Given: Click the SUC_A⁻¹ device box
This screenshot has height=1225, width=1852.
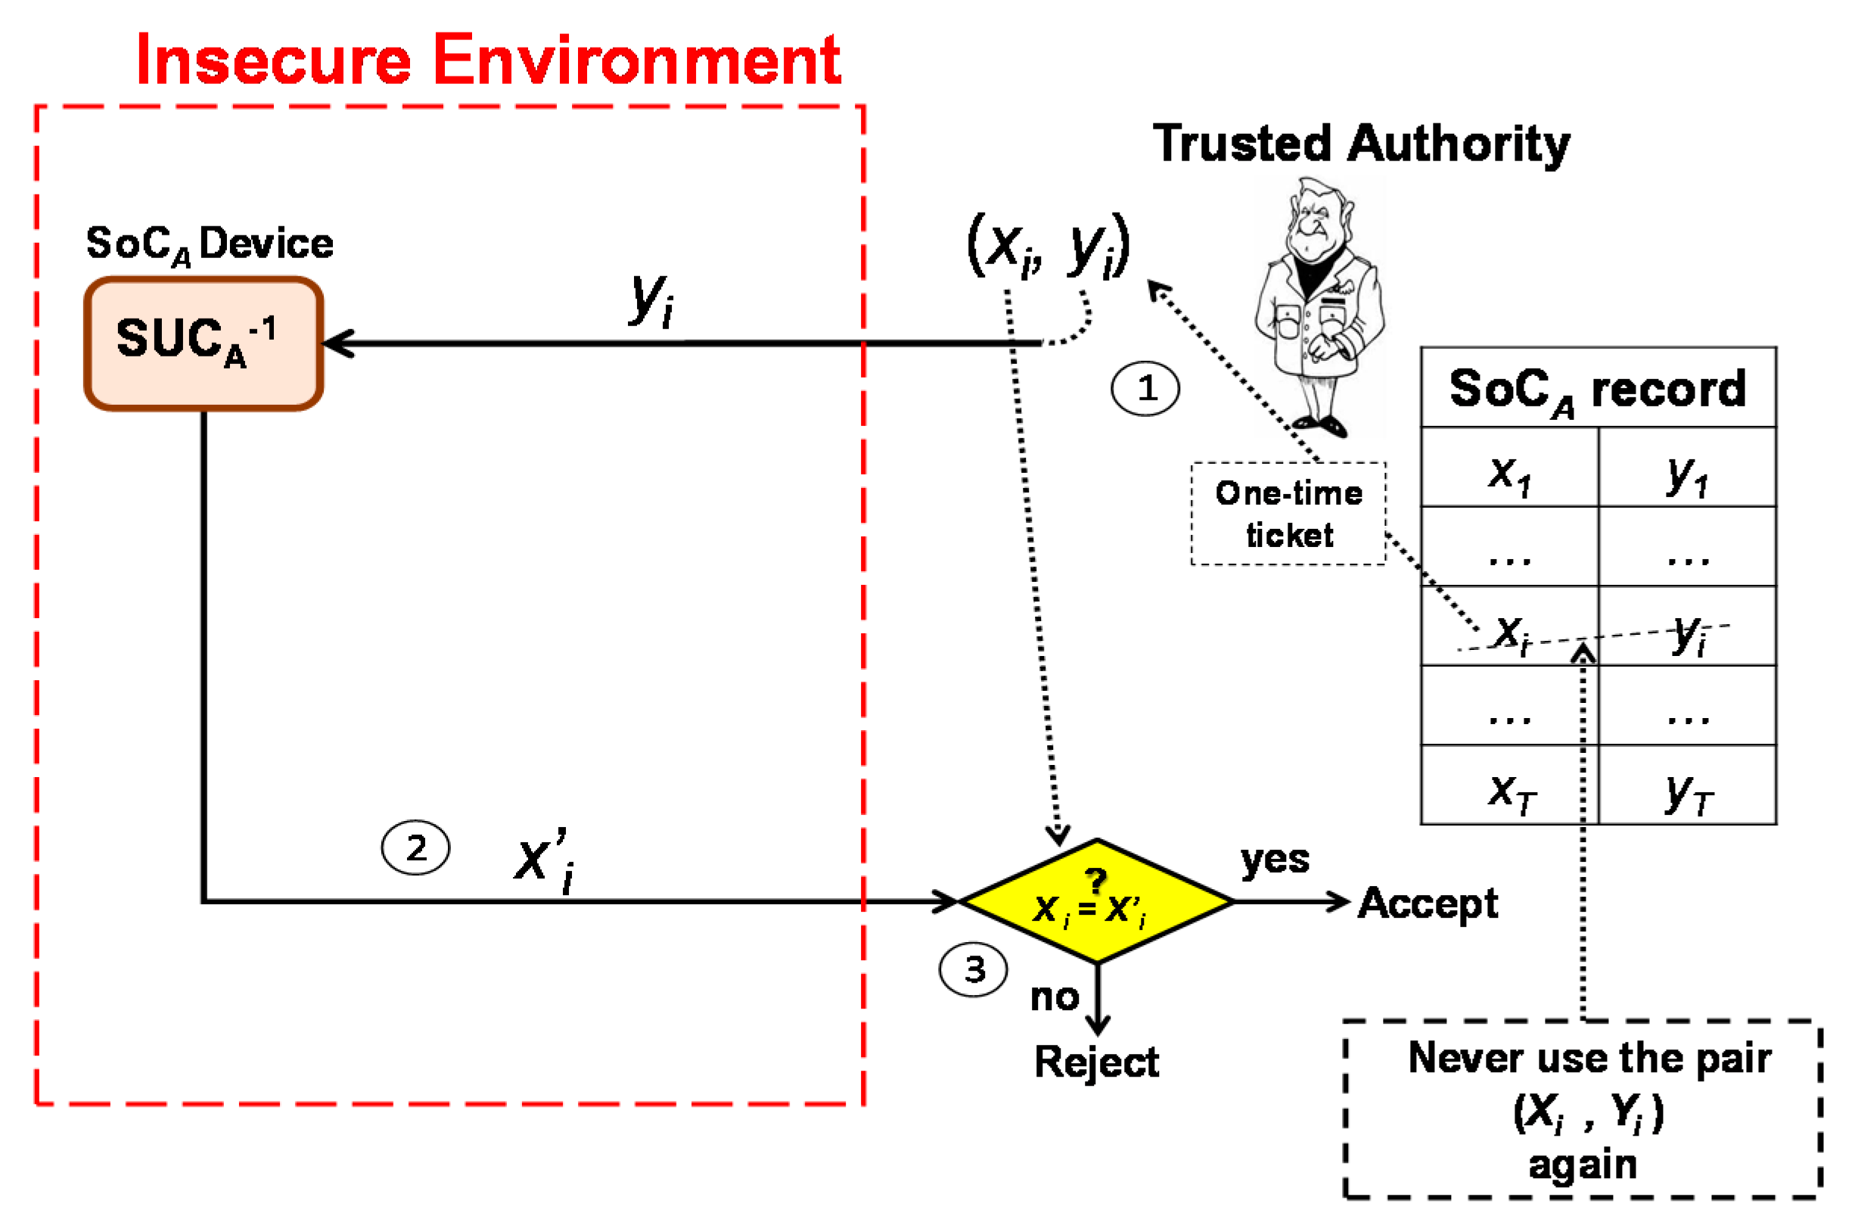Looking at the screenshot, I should tap(203, 343).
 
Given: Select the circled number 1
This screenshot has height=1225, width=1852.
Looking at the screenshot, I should tap(1145, 388).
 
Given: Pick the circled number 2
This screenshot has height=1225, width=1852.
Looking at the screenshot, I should tap(415, 847).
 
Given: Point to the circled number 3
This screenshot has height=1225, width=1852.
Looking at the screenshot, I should tap(972, 969).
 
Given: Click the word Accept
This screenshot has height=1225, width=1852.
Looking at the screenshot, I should tap(1426, 903).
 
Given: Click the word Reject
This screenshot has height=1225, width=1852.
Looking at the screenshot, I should tap(1095, 1062).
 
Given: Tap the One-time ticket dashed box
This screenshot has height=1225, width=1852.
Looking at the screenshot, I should tap(1288, 513).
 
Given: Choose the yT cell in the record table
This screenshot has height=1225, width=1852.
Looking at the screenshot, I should tap(1686, 792).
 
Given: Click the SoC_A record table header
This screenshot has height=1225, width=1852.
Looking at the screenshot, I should tap(1596, 388).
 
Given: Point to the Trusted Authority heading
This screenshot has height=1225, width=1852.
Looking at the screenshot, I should tap(1361, 144).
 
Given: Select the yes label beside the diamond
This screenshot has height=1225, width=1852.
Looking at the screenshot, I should tap(1274, 860).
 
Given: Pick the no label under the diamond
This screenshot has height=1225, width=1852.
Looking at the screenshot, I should tap(1054, 997).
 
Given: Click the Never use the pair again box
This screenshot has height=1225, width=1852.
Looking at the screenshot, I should tap(1583, 1108).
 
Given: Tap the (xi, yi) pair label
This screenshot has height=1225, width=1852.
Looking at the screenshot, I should tap(1048, 245).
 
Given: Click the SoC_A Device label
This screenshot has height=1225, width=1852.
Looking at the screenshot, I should tap(210, 244).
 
